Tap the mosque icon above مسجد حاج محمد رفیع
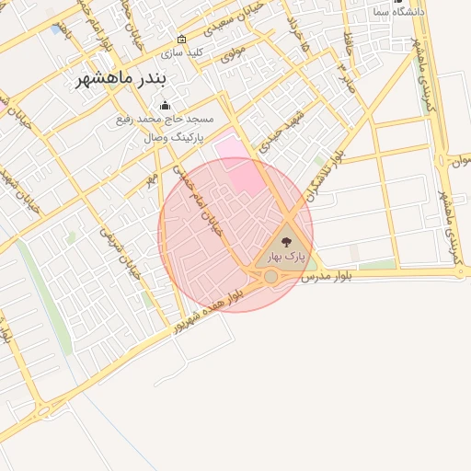point(166,105)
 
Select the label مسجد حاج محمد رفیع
point(166,121)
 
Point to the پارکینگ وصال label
point(167,137)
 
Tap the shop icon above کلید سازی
point(181,40)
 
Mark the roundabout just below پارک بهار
point(270,276)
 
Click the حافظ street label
point(349,41)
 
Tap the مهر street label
point(152,176)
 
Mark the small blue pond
point(59,29)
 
